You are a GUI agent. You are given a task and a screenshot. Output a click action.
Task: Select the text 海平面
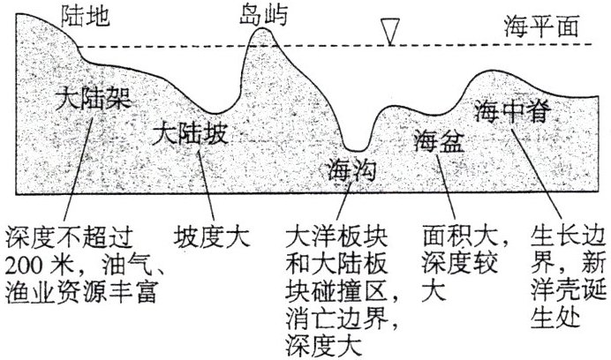coord(541,26)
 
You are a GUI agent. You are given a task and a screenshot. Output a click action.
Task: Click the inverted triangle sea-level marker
coord(388,32)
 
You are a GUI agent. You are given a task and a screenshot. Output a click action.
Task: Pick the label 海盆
coord(437,140)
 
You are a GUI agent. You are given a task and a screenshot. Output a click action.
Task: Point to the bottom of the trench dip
coord(356,148)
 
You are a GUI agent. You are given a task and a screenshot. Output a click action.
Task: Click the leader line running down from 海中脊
coord(539,176)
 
